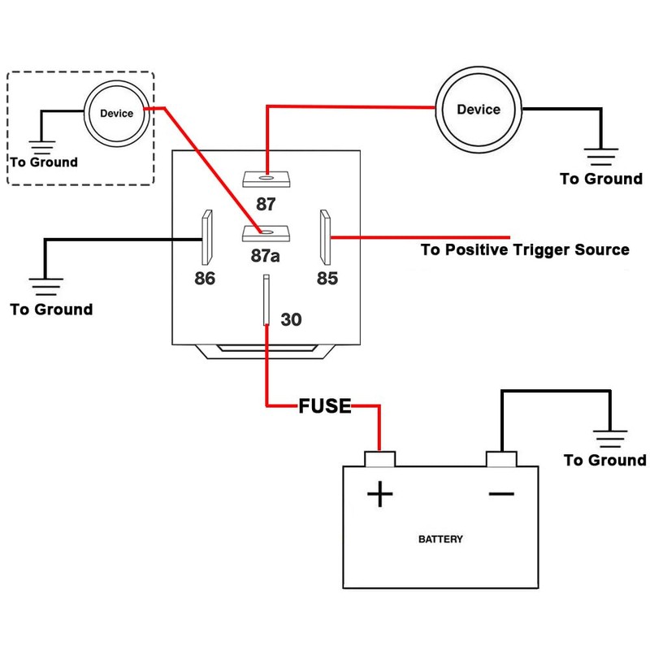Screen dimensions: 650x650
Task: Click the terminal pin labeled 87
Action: [x=266, y=177]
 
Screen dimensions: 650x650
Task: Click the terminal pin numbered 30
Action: [x=266, y=301]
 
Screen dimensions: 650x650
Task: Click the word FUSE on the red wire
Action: [x=325, y=406]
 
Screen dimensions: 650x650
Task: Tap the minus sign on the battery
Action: [x=500, y=493]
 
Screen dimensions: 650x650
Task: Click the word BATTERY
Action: [x=441, y=539]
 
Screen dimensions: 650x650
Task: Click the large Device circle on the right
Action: [x=479, y=110]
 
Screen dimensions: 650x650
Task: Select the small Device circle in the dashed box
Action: [x=116, y=115]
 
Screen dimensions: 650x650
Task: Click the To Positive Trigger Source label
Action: [x=524, y=249]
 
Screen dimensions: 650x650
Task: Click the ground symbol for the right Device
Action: [x=601, y=156]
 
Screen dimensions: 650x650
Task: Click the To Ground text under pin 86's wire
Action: [x=51, y=310]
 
